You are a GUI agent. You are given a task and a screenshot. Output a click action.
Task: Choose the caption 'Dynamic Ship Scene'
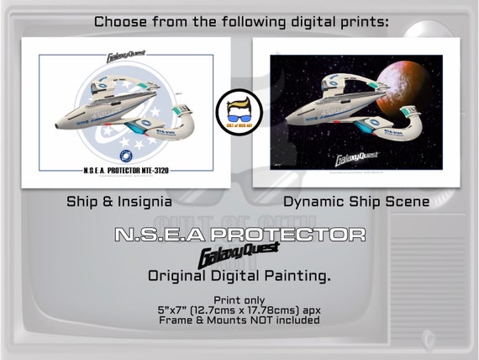coord(356,202)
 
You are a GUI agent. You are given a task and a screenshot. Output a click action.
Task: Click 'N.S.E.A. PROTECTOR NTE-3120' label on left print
coord(127,170)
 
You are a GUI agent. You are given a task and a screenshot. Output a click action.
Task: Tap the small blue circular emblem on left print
coord(127,156)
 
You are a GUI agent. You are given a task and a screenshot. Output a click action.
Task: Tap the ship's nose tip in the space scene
coord(287,123)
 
